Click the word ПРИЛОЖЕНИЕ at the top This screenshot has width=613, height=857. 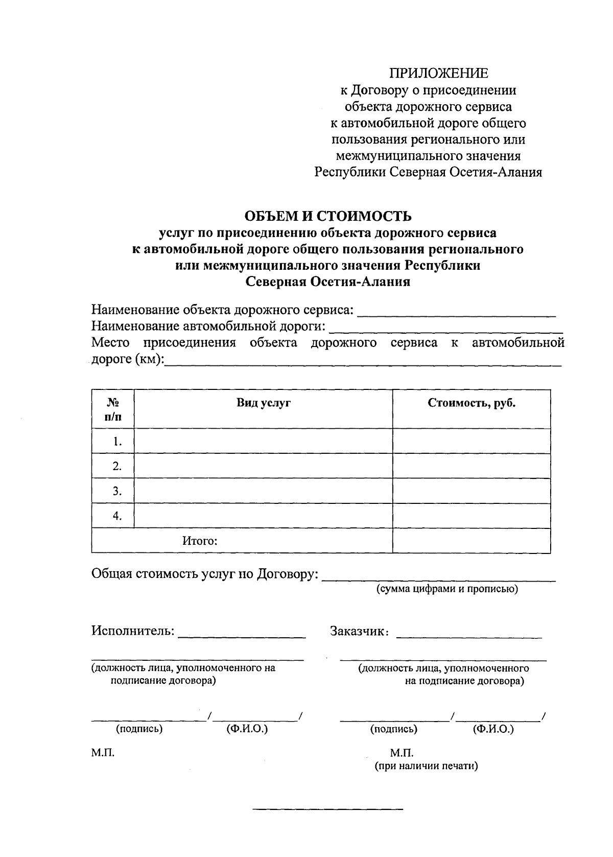[439, 74]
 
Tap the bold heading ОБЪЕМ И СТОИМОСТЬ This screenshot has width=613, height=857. [328, 217]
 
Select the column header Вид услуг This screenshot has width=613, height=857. [263, 403]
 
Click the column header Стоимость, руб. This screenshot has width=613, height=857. [471, 403]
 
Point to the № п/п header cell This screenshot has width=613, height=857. [113, 409]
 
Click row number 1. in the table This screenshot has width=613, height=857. [117, 441]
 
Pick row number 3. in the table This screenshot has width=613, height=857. [117, 491]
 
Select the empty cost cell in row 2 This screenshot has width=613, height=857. [471, 466]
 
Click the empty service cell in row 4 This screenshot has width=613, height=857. [263, 516]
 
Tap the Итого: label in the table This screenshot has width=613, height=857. [200, 541]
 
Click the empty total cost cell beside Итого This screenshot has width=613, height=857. [471, 541]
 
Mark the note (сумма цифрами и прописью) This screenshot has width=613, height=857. [447, 589]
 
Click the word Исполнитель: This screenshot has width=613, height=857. [133, 631]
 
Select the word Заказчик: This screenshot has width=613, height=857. [360, 631]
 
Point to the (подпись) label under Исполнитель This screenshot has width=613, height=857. [139, 729]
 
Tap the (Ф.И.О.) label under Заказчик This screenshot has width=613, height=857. [493, 729]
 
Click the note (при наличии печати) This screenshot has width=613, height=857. [426, 766]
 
